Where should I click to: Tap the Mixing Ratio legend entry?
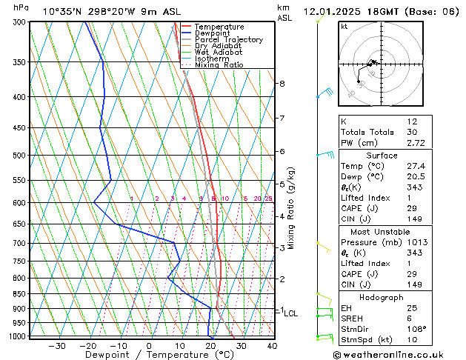click(x=219, y=65)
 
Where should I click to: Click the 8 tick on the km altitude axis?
click(x=282, y=84)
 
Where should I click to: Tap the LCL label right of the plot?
click(x=291, y=313)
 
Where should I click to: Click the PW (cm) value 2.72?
click(x=412, y=142)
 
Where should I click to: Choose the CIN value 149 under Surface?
click(x=412, y=220)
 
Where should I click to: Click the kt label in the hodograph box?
click(x=344, y=27)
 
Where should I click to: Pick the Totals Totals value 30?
click(x=412, y=132)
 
